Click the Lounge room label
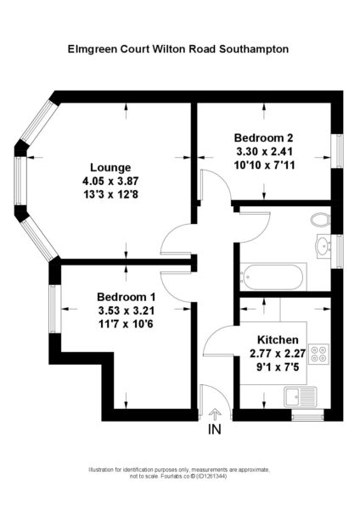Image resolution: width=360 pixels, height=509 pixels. [x=110, y=167]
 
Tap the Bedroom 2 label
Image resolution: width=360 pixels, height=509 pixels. [x=263, y=138]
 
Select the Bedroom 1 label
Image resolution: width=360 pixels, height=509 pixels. [x=126, y=297]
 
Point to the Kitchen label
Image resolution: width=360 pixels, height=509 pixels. [x=278, y=340]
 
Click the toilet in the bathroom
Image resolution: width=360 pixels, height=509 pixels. [x=320, y=220]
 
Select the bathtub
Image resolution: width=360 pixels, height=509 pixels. [x=273, y=277]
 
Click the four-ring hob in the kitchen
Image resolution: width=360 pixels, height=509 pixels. [x=318, y=354]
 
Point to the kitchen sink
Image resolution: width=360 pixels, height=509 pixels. [x=301, y=397]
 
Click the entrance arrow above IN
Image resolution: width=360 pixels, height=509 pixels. [x=215, y=415]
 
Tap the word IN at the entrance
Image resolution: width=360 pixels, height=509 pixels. [x=215, y=429]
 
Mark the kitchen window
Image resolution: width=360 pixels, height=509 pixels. [x=307, y=416]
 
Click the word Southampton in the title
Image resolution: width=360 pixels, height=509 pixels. [x=254, y=49]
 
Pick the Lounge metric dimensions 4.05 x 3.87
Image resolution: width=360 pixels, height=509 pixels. [x=110, y=181]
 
